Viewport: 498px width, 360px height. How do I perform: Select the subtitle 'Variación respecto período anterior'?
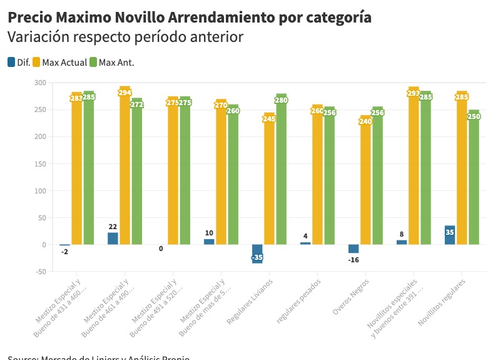point(125,38)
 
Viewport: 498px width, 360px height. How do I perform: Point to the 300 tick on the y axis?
point(40,83)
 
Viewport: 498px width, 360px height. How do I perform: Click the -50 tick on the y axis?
point(39,272)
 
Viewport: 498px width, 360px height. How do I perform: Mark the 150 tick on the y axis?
point(40,164)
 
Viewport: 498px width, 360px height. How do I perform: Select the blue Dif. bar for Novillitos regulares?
point(449,235)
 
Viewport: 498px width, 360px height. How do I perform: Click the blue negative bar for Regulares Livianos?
point(257,254)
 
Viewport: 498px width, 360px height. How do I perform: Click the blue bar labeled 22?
point(113,239)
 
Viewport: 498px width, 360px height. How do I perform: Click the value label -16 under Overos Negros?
point(354,259)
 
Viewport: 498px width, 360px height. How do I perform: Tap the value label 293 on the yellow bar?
point(414,93)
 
